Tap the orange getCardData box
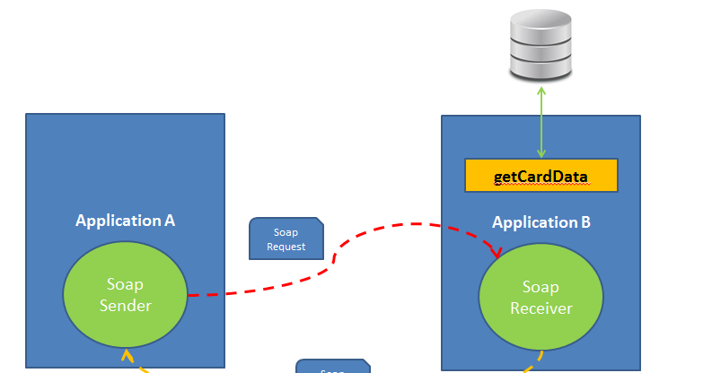pos(541,176)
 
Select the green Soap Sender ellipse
pos(125,295)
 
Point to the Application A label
pos(125,221)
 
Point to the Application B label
pos(541,221)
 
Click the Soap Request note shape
pos(286,239)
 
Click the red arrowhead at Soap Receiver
pos(495,251)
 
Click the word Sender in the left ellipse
pos(125,306)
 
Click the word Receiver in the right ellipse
pos(541,308)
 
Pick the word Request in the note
pos(286,247)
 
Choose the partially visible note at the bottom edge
pos(332,366)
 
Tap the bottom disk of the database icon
pos(541,67)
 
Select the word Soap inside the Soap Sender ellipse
pos(125,285)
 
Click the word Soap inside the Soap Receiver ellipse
pos(541,287)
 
